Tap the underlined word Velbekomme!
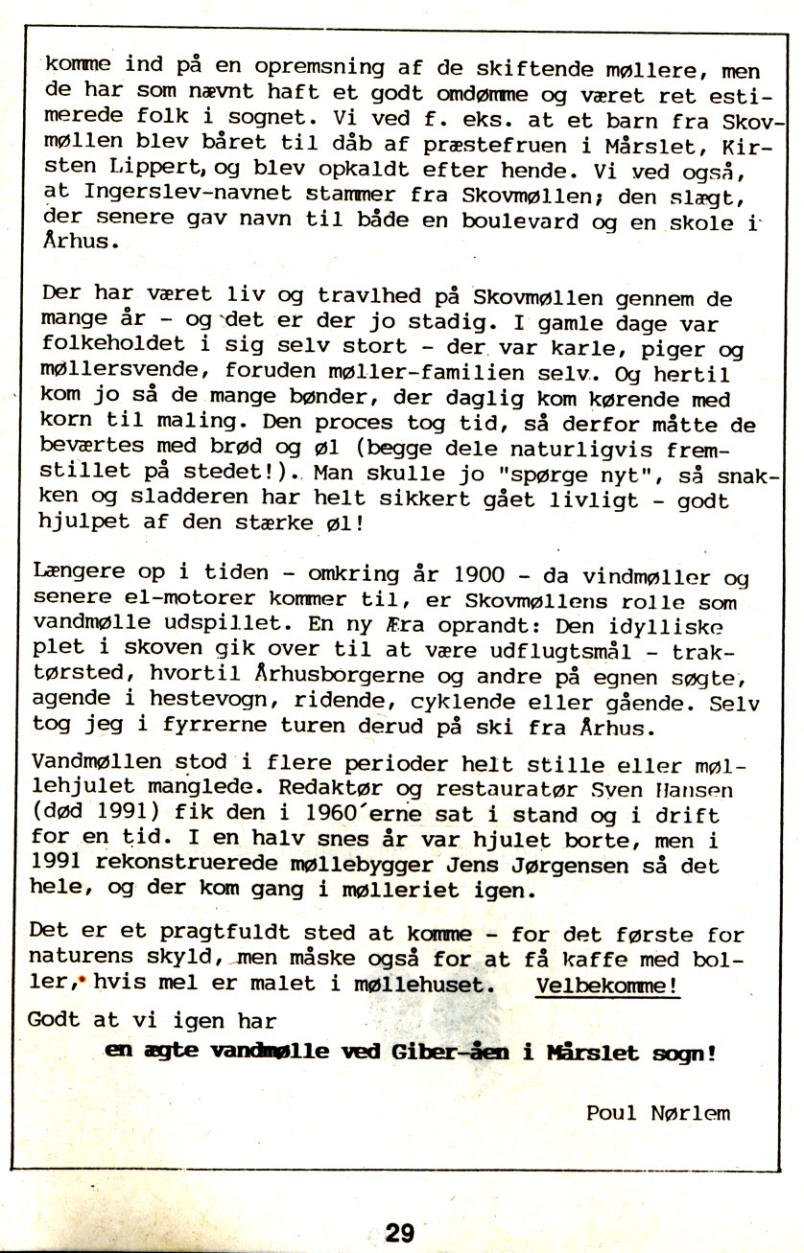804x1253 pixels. pyautogui.click(x=608, y=986)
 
